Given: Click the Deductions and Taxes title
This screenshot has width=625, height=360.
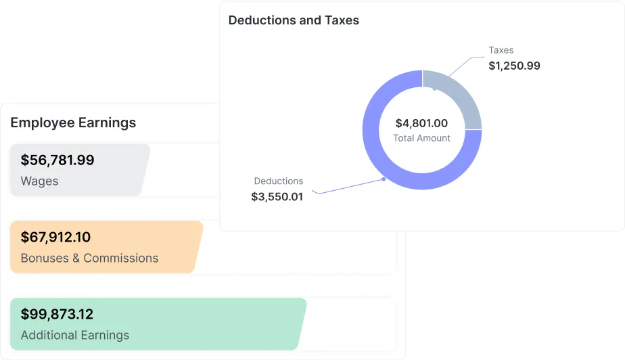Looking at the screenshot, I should point(294,20).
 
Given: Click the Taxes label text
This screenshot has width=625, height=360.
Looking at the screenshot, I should point(501,50).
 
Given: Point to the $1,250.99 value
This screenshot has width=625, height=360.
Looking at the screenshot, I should point(514,66).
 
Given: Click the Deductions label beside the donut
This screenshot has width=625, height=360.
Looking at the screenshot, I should point(279,181).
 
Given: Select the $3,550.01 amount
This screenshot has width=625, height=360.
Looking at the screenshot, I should point(277,197).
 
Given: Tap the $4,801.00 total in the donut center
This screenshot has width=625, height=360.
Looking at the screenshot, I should point(421,123).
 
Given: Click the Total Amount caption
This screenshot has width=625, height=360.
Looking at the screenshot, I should point(421,138).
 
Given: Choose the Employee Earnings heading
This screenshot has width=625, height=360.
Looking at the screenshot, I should point(73,122).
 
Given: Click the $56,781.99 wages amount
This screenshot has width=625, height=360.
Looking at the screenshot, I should point(57,160).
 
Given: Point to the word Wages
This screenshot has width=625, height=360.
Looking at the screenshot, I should point(39,181).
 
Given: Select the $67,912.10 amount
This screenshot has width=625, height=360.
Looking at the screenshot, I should point(55,238).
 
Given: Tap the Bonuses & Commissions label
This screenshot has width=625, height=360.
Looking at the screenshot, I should point(89,258).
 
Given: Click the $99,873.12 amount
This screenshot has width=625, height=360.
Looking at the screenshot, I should point(57,315).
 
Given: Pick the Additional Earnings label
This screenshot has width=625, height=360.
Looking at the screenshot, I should point(74,336).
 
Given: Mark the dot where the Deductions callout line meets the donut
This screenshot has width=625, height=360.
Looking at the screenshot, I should point(384,179).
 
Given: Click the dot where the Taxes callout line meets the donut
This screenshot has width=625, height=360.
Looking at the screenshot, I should point(434,88).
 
